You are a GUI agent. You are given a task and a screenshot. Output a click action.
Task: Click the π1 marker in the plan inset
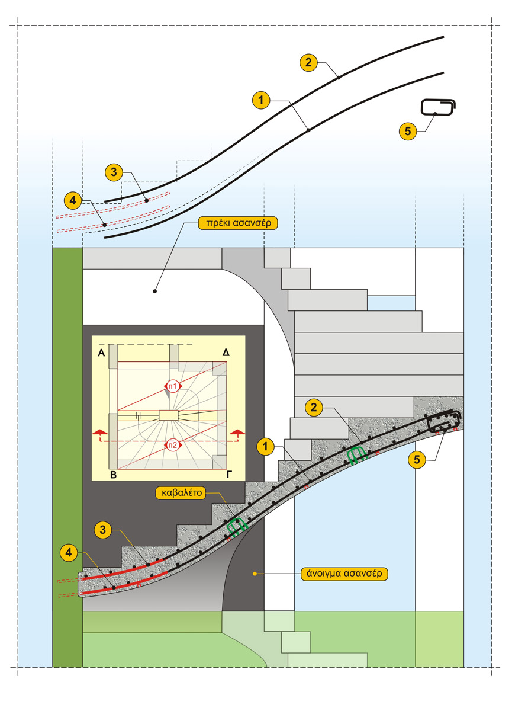(172, 386)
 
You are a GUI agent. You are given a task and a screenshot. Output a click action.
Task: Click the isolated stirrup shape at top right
(439, 107)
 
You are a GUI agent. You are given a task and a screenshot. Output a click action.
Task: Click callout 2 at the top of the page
(308, 62)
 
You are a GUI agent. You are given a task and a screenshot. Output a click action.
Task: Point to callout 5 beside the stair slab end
(418, 459)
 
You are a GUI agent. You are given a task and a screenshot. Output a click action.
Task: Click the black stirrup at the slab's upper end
(445, 421)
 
